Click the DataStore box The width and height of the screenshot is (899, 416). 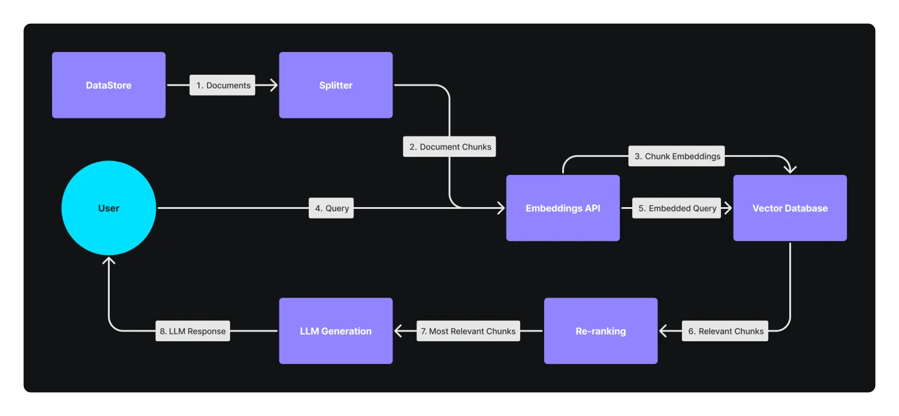[108, 85]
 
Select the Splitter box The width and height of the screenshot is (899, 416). [336, 85]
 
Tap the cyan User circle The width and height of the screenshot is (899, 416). [108, 208]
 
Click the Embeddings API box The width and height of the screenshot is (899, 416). [563, 208]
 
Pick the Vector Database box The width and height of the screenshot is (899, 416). [790, 208]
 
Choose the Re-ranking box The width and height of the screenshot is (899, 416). [601, 331]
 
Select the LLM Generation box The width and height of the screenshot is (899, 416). [336, 331]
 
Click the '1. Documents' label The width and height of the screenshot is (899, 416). [222, 85]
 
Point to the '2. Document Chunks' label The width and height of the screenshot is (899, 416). [450, 147]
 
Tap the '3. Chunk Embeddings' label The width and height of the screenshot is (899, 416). [677, 156]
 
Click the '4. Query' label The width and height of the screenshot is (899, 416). [331, 208]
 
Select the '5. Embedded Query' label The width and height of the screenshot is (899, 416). [677, 208]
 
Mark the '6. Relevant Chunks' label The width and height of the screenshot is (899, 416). [725, 331]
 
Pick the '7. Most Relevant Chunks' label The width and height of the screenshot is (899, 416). [468, 331]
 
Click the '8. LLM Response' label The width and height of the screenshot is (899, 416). [192, 331]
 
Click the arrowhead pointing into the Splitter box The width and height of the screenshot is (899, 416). [274, 85]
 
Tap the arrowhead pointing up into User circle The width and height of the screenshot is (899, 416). [108, 260]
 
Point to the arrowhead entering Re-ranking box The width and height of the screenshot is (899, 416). [663, 331]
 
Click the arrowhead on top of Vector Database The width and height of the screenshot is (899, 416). [790, 169]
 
